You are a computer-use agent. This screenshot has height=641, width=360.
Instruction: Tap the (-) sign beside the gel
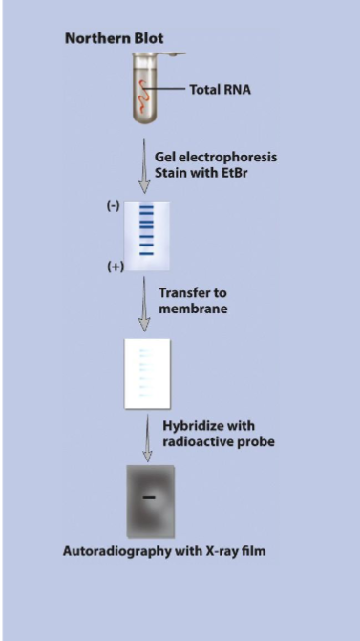click(x=113, y=206)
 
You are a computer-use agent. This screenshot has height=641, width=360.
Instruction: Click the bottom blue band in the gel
click(x=146, y=255)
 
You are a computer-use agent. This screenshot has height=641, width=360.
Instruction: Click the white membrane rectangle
click(x=145, y=374)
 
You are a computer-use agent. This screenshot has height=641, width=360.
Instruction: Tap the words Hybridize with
click(x=206, y=425)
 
